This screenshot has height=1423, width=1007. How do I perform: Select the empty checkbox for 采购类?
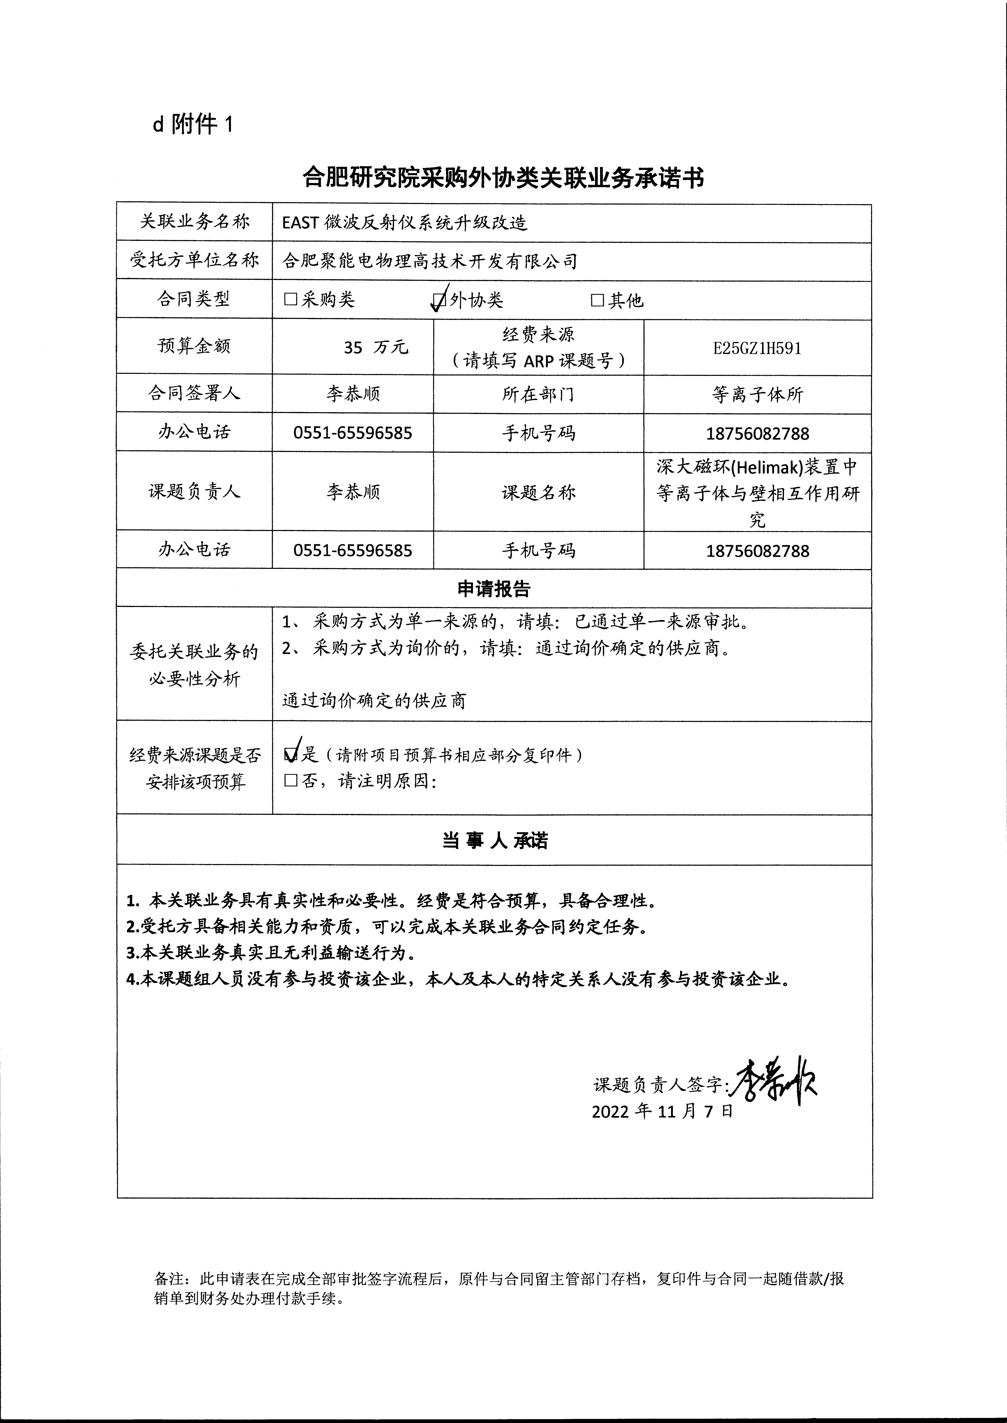[290, 300]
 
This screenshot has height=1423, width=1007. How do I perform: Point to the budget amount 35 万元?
[376, 347]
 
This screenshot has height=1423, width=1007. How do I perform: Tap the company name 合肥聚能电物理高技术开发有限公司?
[430, 261]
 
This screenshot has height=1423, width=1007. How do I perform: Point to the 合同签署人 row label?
[194, 393]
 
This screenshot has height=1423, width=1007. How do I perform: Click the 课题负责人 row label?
[194, 492]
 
